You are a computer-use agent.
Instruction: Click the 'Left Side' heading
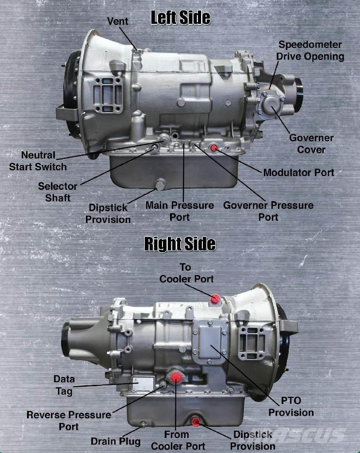[180, 18]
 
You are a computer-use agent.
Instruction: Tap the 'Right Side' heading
[180, 244]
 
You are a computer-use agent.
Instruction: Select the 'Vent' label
[117, 21]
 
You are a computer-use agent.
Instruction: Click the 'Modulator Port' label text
[299, 173]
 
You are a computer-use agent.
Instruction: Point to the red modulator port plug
[214, 148]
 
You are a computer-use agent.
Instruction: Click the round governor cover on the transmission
[271, 104]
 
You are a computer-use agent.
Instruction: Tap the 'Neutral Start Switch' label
[38, 161]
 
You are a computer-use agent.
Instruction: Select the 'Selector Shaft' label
[58, 192]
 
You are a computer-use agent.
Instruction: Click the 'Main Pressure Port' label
[180, 211]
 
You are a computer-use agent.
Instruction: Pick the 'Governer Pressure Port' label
[268, 211]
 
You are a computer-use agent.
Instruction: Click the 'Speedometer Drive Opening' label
[310, 50]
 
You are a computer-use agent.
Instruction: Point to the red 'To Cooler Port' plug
[215, 299]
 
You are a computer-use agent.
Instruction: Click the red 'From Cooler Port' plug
[176, 377]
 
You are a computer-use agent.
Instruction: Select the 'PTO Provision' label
[291, 407]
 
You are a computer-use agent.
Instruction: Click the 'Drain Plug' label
[116, 441]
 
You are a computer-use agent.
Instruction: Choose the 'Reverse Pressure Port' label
[69, 421]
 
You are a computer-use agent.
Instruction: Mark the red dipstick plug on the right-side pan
[195, 422]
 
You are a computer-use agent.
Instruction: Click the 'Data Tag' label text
[64, 385]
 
